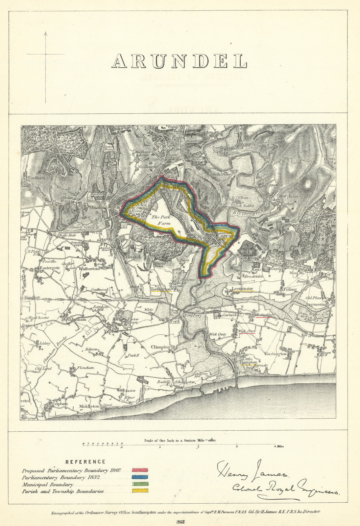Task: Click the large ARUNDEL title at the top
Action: click(x=179, y=61)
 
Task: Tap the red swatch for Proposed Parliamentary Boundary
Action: click(x=140, y=470)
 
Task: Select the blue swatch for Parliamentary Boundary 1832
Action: click(x=140, y=477)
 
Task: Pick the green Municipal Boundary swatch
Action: click(x=140, y=484)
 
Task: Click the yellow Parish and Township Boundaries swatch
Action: click(x=140, y=491)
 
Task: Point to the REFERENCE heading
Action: click(x=85, y=462)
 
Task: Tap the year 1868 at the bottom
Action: click(x=180, y=521)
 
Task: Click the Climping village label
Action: click(x=160, y=347)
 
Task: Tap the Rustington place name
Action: click(x=276, y=354)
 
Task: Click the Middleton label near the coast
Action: click(x=89, y=406)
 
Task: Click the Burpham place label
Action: click(x=288, y=196)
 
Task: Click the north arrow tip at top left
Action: click(x=45, y=32)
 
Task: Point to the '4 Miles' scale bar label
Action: click(x=278, y=446)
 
